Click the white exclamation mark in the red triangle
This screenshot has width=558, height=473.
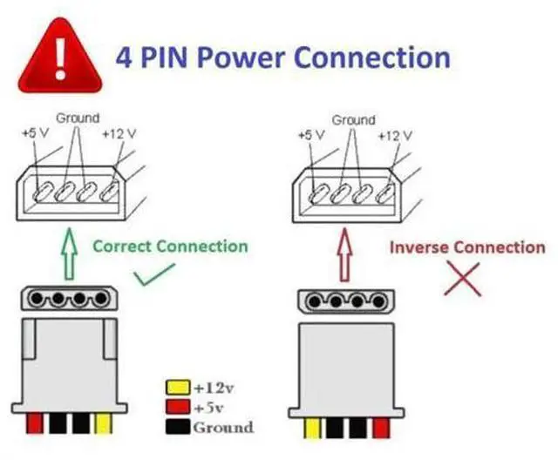pyautogui.click(x=58, y=52)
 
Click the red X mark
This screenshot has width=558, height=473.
pyautogui.click(x=466, y=279)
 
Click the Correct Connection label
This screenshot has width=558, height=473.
pyautogui.click(x=170, y=247)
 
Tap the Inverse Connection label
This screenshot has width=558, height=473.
pyautogui.click(x=466, y=247)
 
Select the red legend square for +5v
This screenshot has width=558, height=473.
pyautogui.click(x=177, y=408)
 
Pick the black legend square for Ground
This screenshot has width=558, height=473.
pyautogui.click(x=177, y=428)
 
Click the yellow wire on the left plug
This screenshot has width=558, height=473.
pyautogui.click(x=104, y=424)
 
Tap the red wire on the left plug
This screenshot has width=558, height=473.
pyautogui.click(x=36, y=424)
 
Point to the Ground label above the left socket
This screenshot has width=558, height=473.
pyautogui.click(x=78, y=118)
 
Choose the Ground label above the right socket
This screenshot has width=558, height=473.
pyautogui.click(x=353, y=118)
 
